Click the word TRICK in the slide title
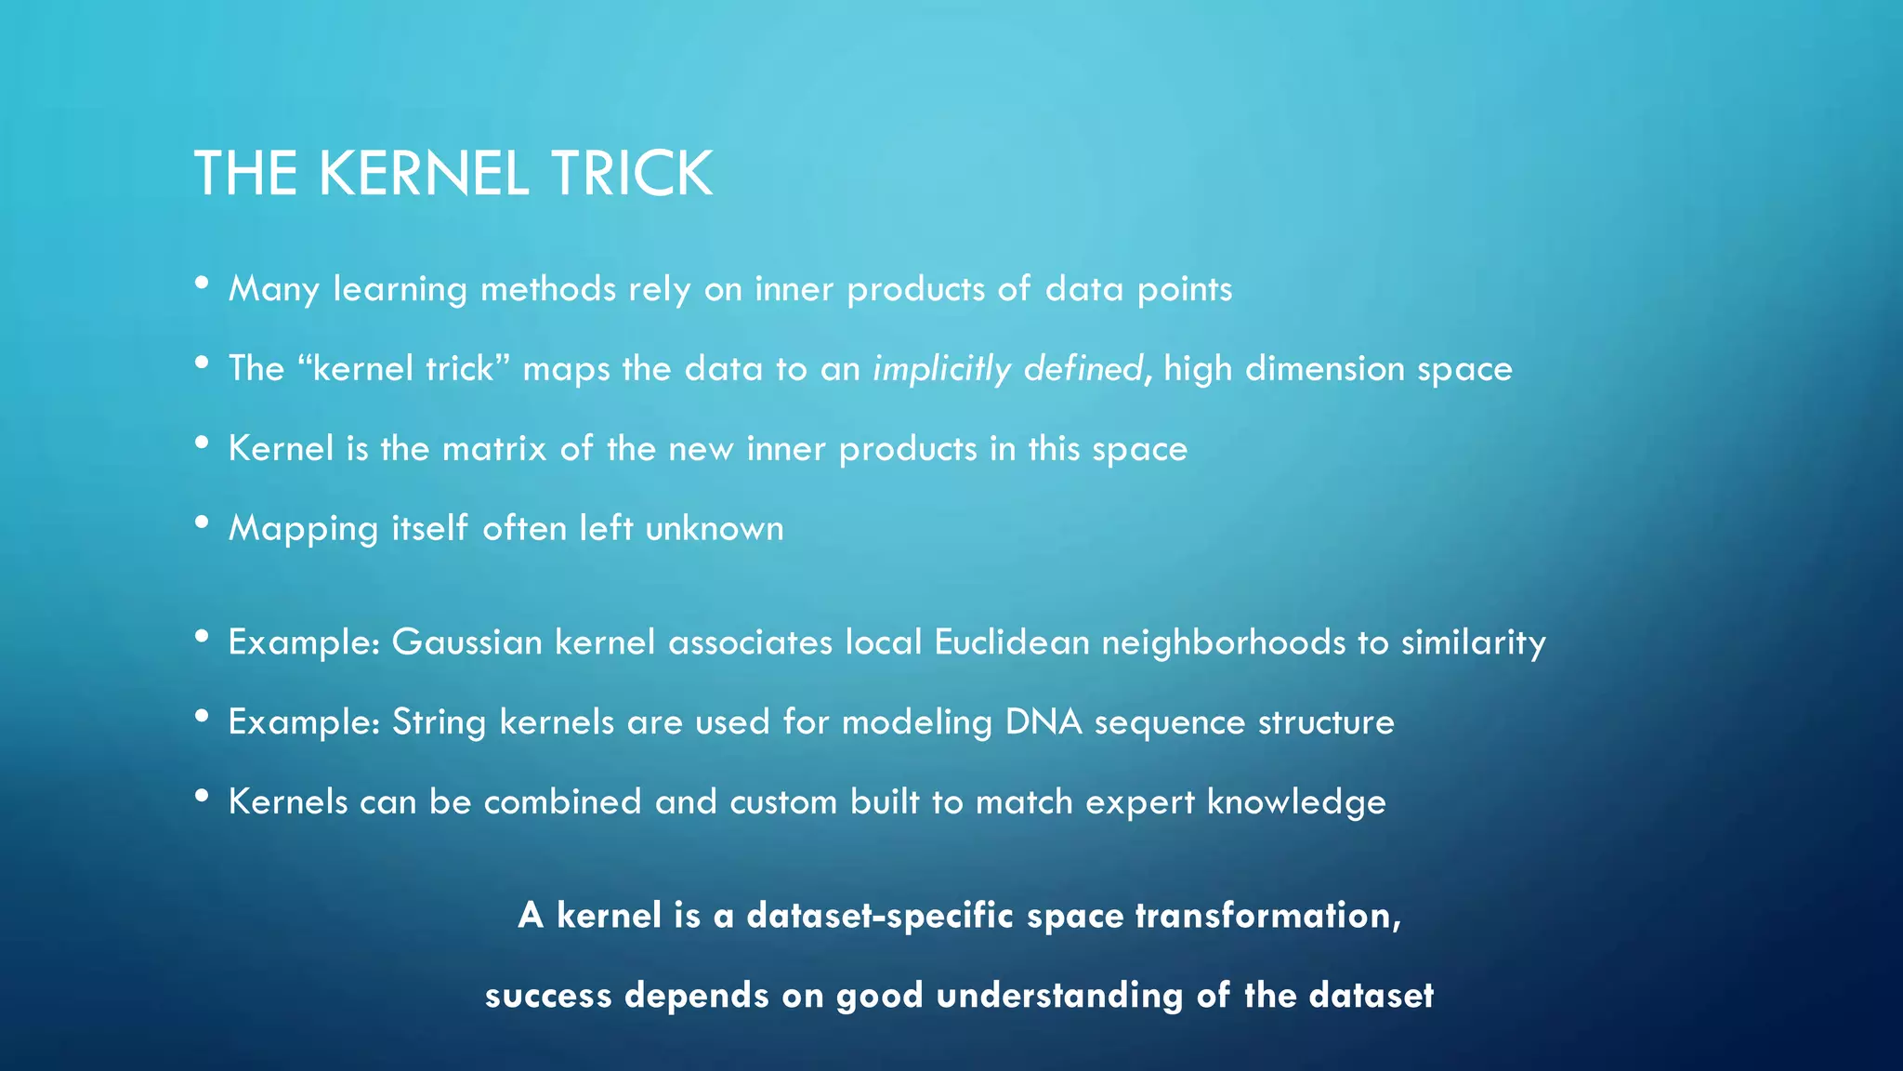[631, 174]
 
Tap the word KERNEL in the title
[424, 174]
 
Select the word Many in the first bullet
[273, 289]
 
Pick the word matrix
[494, 449]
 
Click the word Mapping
[303, 529]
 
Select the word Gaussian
[466, 642]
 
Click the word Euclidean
[1012, 642]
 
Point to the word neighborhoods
[1224, 642]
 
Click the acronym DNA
[1043, 722]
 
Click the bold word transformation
[1267, 916]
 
